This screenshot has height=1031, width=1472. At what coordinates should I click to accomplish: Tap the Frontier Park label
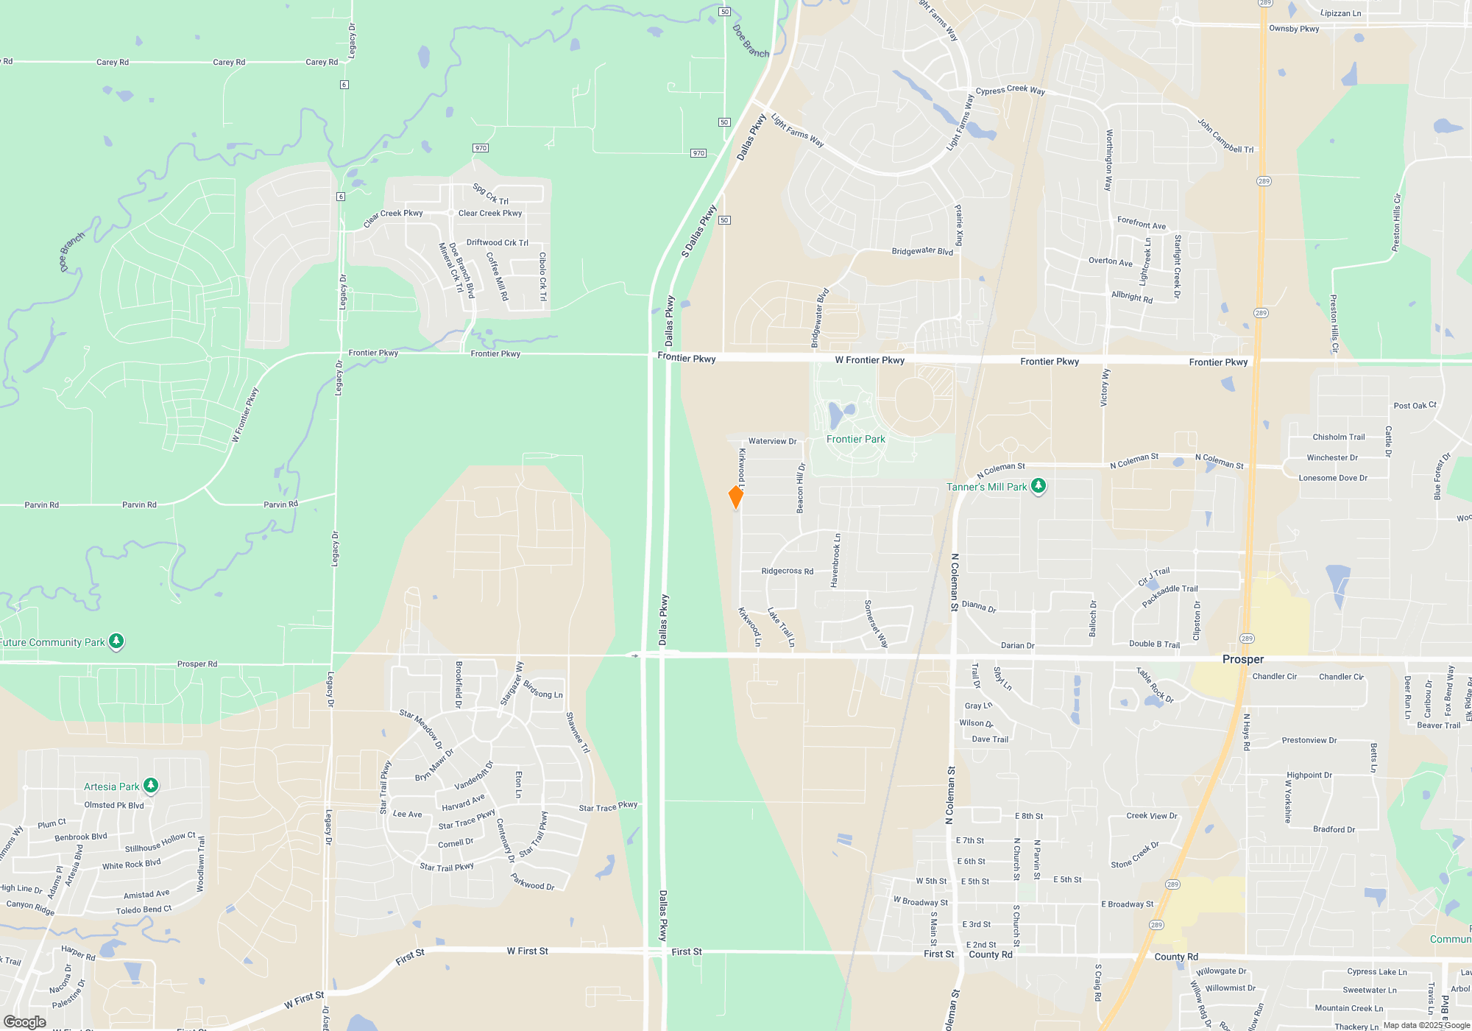[855, 440]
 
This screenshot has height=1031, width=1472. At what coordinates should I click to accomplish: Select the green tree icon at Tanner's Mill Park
[1038, 486]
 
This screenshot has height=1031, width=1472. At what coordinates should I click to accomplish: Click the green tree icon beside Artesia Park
[151, 786]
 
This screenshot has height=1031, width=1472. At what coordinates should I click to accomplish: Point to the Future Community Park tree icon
[116, 641]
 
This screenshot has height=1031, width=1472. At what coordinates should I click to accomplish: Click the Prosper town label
[1243, 659]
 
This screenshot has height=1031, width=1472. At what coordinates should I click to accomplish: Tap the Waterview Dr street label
[772, 441]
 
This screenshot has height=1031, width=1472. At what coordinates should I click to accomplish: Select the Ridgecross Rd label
[787, 571]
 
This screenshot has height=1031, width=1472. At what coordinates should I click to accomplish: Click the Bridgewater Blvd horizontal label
[922, 251]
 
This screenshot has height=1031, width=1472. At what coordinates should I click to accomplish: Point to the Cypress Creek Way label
[1010, 90]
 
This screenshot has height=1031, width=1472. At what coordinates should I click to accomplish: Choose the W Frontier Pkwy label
[869, 360]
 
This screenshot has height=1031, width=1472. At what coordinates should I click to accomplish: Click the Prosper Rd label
[197, 664]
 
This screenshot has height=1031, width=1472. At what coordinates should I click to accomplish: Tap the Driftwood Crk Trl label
[497, 242]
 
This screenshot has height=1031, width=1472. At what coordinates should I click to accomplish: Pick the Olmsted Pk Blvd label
[114, 805]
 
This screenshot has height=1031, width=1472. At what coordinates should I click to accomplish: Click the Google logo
[25, 1021]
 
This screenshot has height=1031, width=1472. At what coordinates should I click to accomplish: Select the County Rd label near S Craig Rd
[1176, 957]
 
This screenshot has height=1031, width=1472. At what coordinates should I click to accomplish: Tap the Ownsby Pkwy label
[1294, 29]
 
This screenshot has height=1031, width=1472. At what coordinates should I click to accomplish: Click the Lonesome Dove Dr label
[1333, 478]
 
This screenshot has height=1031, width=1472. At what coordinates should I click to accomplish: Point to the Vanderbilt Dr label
[474, 775]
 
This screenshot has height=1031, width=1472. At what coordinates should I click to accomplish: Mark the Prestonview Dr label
[1309, 740]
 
